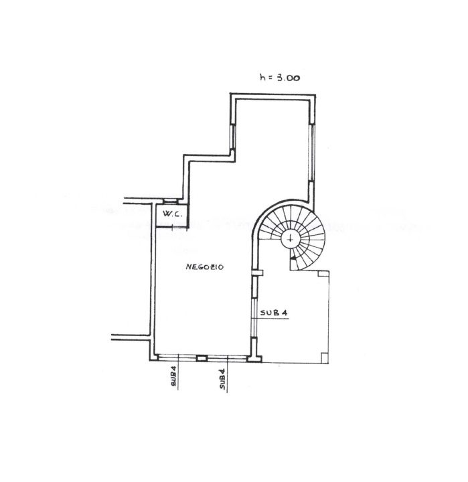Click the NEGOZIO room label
pyautogui.click(x=204, y=267)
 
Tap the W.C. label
pyautogui.click(x=173, y=214)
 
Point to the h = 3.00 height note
pyautogui.click(x=279, y=78)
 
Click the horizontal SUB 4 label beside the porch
pyautogui.click(x=274, y=313)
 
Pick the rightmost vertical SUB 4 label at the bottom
pyautogui.click(x=223, y=379)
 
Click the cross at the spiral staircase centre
pyautogui.click(x=291, y=238)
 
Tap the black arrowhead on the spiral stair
pyautogui.click(x=294, y=257)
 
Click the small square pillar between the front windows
pyautogui.click(x=202, y=358)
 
